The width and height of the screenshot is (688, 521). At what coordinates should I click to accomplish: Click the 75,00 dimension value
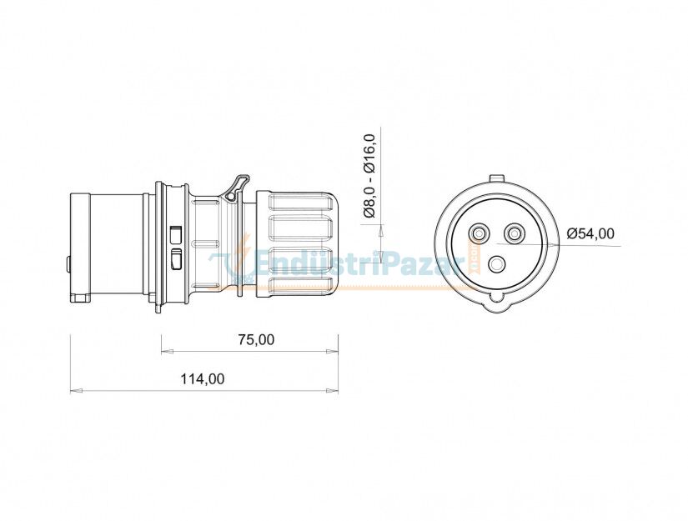click(x=256, y=339)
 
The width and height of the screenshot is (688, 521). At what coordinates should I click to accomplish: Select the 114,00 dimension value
click(x=203, y=378)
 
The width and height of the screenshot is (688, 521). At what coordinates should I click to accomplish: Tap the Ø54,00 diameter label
click(x=590, y=233)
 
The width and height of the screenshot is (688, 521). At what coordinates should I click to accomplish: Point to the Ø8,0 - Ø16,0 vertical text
click(x=370, y=176)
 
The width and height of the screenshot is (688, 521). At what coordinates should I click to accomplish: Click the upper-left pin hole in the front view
click(x=481, y=233)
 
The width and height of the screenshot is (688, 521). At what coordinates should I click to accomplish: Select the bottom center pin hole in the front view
click(x=498, y=265)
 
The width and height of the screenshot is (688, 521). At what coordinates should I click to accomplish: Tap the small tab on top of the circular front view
click(x=497, y=178)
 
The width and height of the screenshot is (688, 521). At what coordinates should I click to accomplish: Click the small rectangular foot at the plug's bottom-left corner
click(x=80, y=298)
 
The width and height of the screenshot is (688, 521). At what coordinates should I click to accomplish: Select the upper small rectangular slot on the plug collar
click(x=176, y=233)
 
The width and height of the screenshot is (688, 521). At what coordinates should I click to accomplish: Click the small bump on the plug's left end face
click(x=68, y=264)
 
